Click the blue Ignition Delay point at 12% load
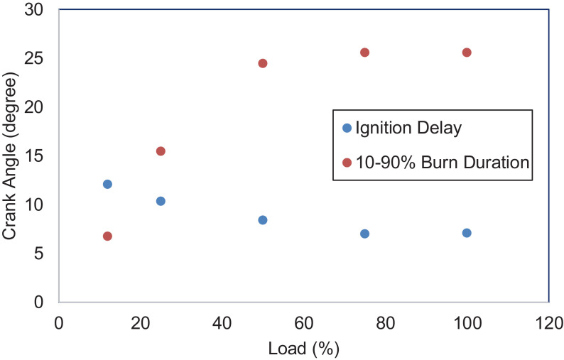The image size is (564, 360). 107,184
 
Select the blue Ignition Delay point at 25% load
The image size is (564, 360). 161,201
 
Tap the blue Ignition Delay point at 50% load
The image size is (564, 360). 263,220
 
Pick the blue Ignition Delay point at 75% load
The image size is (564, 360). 365,234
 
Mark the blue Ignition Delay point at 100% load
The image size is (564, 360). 467,233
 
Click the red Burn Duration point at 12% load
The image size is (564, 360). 107,236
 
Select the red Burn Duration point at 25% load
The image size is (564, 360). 161,151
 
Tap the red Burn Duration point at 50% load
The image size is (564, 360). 263,63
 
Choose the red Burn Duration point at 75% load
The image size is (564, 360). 365,53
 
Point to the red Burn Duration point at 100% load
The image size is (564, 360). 467,53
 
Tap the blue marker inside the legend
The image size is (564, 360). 347,129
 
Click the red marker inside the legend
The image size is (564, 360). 347,163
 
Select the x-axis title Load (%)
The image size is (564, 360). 304,349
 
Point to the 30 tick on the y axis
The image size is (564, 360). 40,10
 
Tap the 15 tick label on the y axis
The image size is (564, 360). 40,156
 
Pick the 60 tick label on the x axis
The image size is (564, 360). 304,321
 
